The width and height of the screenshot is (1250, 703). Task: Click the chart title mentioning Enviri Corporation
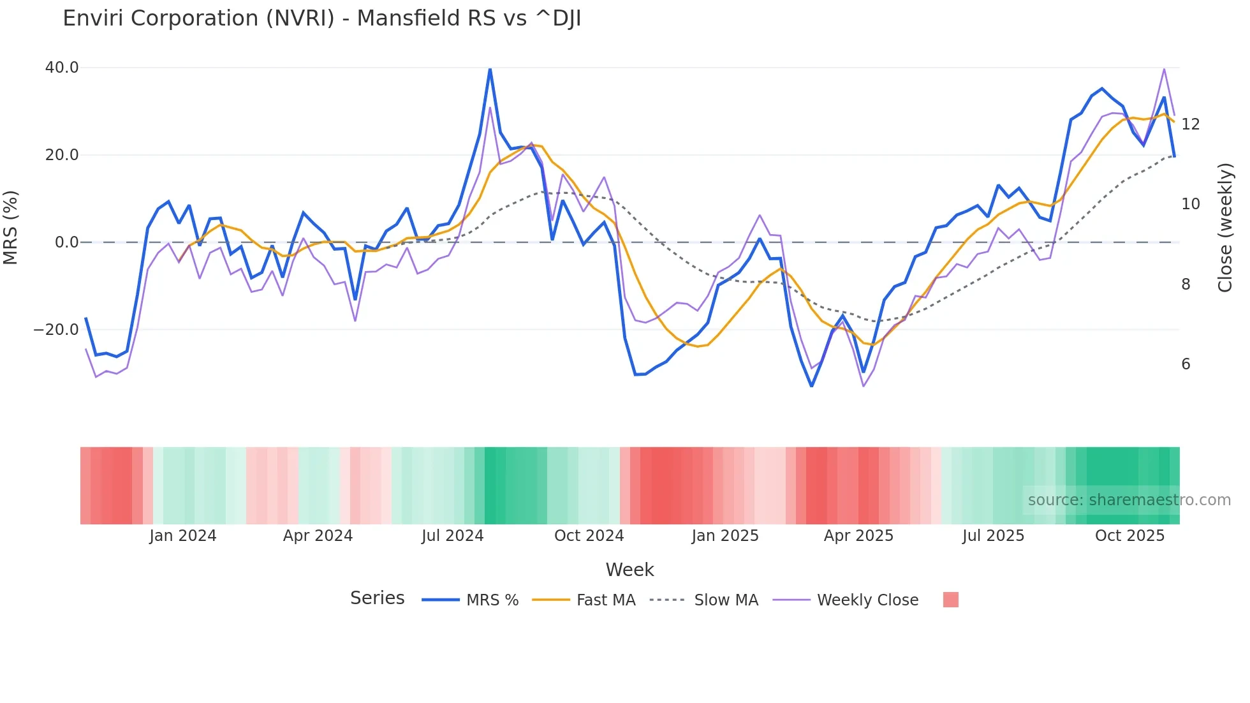pyautogui.click(x=321, y=18)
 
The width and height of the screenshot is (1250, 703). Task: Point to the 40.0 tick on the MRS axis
pyautogui.click(x=62, y=68)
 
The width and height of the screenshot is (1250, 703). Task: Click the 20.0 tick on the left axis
pyautogui.click(x=62, y=155)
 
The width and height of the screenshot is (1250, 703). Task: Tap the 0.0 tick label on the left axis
pyautogui.click(x=66, y=242)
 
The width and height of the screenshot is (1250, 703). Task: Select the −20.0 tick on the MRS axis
pyautogui.click(x=56, y=330)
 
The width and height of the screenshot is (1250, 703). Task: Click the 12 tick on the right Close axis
pyautogui.click(x=1190, y=124)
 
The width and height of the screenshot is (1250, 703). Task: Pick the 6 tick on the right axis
pyautogui.click(x=1186, y=364)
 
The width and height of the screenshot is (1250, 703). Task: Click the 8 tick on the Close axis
pyautogui.click(x=1186, y=285)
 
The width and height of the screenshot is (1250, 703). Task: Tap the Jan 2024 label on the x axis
pyautogui.click(x=183, y=536)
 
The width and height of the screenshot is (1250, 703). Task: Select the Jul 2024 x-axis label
pyautogui.click(x=452, y=536)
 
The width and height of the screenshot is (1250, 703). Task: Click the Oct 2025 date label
pyautogui.click(x=1129, y=536)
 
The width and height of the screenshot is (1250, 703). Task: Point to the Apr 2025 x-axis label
pyautogui.click(x=858, y=536)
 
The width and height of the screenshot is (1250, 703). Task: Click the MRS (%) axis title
pyautogui.click(x=11, y=227)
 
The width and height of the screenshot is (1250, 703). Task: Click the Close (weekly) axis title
pyautogui.click(x=1224, y=227)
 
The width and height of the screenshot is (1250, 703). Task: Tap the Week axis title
pyautogui.click(x=629, y=570)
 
